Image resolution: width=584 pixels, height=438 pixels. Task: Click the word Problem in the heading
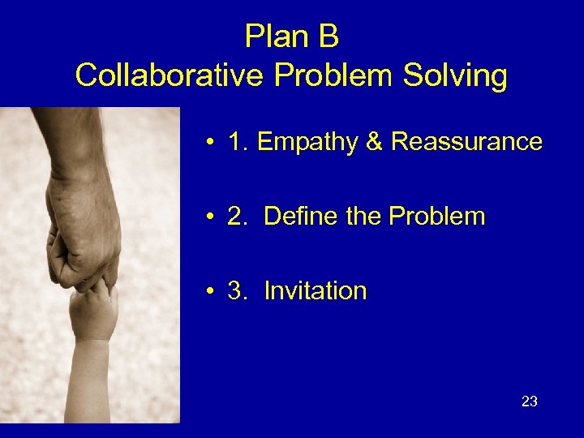[x=324, y=76]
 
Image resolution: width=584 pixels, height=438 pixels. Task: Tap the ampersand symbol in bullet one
[x=374, y=142]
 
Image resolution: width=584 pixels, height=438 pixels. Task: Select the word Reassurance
[x=466, y=142]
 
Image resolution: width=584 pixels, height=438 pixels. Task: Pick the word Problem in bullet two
[x=437, y=217]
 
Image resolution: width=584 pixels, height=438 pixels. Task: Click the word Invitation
[x=316, y=291]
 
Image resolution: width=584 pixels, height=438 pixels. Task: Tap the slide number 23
[x=530, y=401]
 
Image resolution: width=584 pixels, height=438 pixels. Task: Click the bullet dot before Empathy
[x=209, y=144]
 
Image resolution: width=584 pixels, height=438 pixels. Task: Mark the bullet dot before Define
[x=209, y=218]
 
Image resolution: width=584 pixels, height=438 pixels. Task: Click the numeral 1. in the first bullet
[x=238, y=142]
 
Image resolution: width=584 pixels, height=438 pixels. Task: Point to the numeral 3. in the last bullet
[x=238, y=291]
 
